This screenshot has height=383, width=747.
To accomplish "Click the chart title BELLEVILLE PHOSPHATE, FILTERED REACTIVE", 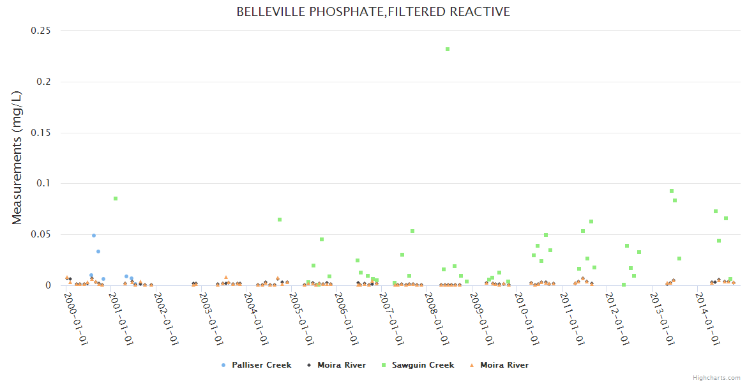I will click(x=373, y=12).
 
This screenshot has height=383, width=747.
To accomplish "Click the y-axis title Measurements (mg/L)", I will click(x=17, y=158).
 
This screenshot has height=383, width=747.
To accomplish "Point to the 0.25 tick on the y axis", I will click(x=41, y=31).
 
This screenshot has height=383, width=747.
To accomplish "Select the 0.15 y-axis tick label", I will click(x=41, y=133).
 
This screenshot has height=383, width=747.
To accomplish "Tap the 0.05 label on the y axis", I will click(x=41, y=234).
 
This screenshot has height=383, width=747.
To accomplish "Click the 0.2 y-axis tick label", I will click(x=45, y=82).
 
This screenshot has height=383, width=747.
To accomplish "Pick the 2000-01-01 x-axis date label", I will click(x=75, y=322).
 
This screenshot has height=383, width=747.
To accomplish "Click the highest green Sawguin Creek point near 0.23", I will click(x=448, y=49).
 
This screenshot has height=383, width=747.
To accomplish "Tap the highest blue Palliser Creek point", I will click(x=94, y=236).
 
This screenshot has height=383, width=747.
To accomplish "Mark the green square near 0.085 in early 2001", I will click(x=116, y=199).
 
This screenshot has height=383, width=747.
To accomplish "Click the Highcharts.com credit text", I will click(x=716, y=378).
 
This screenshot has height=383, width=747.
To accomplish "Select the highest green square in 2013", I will click(x=672, y=191).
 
